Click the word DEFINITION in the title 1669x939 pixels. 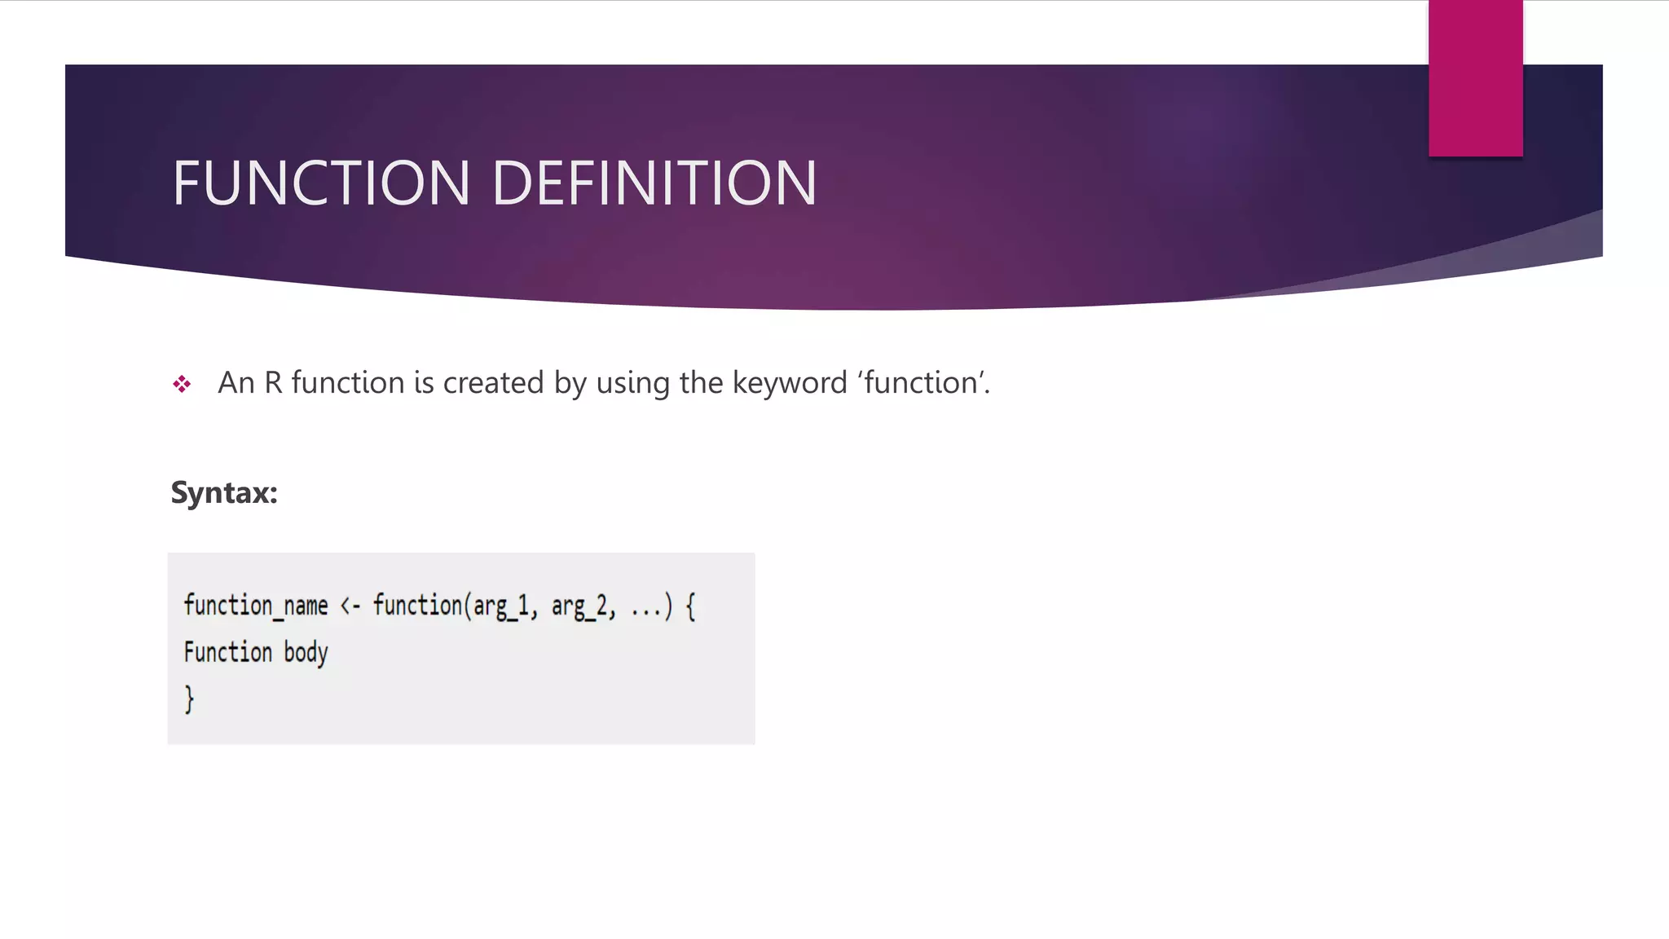click(654, 183)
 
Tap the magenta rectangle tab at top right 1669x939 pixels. click(1475, 78)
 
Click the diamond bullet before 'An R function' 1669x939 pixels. click(182, 384)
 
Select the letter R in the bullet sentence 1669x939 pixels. click(273, 383)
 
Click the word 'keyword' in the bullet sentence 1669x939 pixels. click(790, 383)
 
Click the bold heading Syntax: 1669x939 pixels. click(224, 493)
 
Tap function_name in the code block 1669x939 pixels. click(256, 606)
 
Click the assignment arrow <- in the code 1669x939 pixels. click(350, 606)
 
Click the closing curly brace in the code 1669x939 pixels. click(189, 699)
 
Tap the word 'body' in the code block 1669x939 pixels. click(306, 653)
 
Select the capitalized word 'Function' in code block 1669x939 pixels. click(228, 652)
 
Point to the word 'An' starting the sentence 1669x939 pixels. click(236, 383)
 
